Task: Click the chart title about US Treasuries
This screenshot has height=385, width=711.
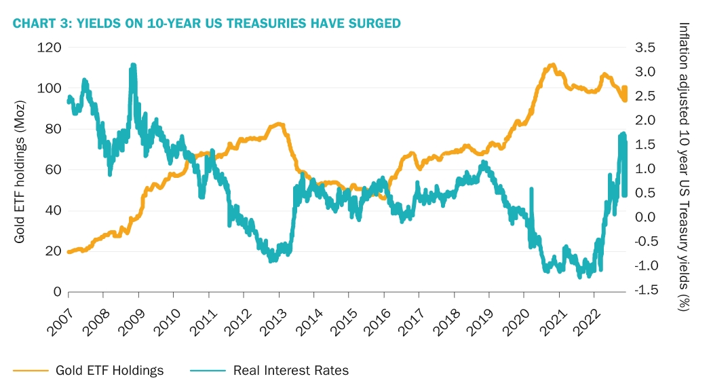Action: pos(207,24)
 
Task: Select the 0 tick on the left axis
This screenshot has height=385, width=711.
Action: pos(58,292)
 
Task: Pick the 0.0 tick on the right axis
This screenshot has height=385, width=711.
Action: pos(646,217)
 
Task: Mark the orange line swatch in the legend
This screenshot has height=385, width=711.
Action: pos(31,370)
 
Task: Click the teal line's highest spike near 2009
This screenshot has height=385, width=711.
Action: pos(133,66)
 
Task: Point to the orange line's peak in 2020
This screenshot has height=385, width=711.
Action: pos(553,65)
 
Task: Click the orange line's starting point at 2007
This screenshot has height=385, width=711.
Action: pos(69,251)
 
